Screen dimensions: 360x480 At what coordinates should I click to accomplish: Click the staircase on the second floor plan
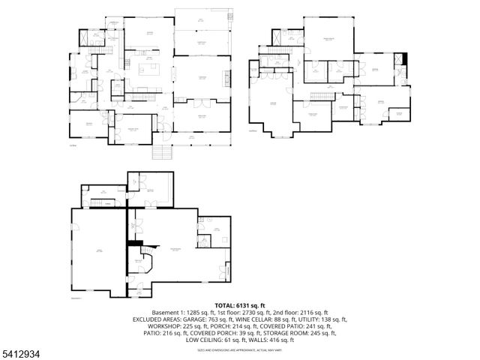[x=322, y=97]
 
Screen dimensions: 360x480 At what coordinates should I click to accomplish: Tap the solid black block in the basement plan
[x=135, y=242]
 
